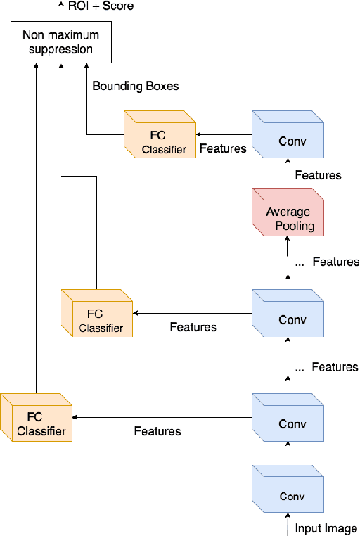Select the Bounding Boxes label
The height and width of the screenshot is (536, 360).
136,87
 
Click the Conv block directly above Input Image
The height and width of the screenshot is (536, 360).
288,492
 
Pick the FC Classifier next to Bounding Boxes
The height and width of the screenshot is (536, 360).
159,135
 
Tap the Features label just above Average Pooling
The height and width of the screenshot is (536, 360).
318,175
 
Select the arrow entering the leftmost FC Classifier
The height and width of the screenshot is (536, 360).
162,418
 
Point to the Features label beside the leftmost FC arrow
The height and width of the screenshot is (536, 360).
157,431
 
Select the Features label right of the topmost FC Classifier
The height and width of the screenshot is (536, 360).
223,148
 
